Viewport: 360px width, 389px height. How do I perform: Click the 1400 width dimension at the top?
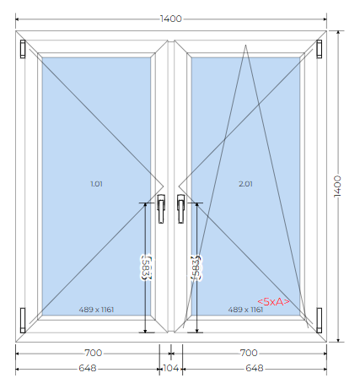pyautogui.click(x=171, y=19)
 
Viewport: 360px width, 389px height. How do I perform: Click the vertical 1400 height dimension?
pyautogui.click(x=337, y=186)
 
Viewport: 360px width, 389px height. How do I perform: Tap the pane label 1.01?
pyautogui.click(x=96, y=184)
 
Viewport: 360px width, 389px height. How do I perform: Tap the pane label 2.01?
pyautogui.click(x=245, y=184)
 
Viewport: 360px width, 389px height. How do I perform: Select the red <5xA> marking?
pyautogui.click(x=273, y=301)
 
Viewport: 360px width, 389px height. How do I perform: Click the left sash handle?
pyautogui.click(x=161, y=208)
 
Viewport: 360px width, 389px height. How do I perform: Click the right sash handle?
pyautogui.click(x=181, y=208)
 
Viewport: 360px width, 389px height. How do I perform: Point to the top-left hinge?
pyautogui.click(x=23, y=49)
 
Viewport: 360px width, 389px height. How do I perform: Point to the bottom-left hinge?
pyautogui.click(x=23, y=321)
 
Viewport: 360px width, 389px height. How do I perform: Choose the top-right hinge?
pyautogui.click(x=320, y=49)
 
